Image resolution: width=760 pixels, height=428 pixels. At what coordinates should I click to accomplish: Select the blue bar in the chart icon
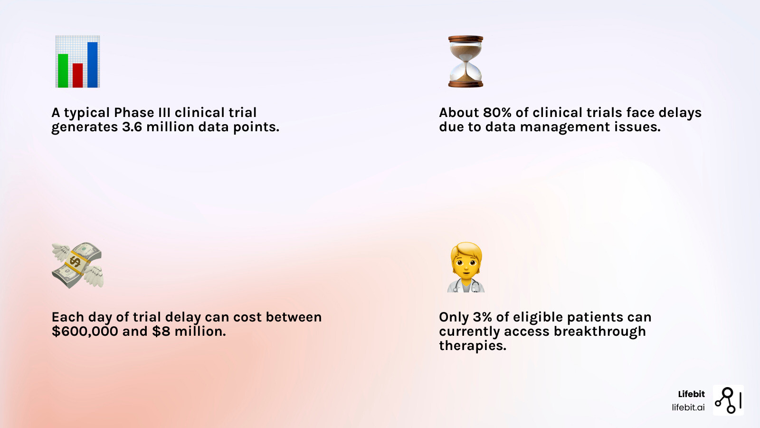click(93, 65)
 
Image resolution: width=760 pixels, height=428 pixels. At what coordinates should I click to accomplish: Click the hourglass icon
click(465, 61)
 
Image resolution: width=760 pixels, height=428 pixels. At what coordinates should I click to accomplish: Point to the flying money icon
click(77, 265)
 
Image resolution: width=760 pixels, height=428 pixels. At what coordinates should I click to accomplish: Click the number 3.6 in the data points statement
click(132, 127)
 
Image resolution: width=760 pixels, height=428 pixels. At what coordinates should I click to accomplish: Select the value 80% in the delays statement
click(497, 113)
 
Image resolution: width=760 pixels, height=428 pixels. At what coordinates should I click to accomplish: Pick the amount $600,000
click(85, 331)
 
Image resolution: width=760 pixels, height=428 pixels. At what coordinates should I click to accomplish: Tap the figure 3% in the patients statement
click(482, 317)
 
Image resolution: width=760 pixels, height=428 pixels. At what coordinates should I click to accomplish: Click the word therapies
click(473, 346)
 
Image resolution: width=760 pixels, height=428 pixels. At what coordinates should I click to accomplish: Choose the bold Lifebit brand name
click(691, 394)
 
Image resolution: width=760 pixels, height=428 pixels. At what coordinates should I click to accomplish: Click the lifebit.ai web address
click(688, 408)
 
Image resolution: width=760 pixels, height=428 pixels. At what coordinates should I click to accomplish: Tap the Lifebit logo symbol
click(728, 400)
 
